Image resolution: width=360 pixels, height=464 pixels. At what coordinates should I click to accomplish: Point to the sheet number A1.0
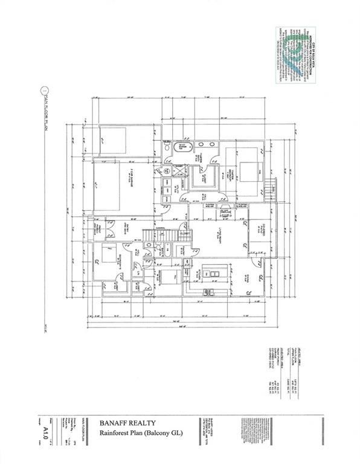(45, 431)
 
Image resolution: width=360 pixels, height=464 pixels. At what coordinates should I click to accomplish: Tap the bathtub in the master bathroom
(183, 147)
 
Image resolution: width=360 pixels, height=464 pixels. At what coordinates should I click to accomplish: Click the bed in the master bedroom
(247, 169)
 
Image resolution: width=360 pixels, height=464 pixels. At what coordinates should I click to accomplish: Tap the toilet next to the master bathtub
(167, 147)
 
